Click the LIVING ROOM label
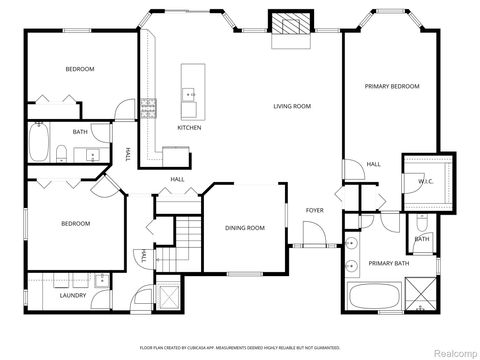[x=293, y=105]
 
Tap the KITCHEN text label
[x=189, y=128]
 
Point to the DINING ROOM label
[x=245, y=228]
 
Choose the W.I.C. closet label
[x=424, y=180]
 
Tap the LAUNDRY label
[x=72, y=295]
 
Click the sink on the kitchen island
[x=188, y=95]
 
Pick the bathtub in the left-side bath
[x=38, y=142]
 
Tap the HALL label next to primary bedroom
[x=372, y=164]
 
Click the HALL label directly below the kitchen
[x=177, y=179]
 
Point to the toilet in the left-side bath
[x=61, y=152]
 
